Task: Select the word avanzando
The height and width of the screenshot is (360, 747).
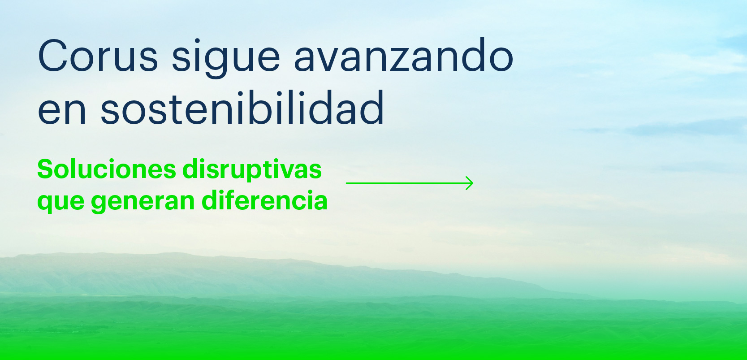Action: [x=403, y=54]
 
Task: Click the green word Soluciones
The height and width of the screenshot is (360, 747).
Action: [x=107, y=169]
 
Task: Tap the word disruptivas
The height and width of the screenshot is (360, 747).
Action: [x=252, y=170]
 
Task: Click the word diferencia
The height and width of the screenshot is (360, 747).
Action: [x=264, y=200]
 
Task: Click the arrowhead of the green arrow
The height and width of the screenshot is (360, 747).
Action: [x=470, y=183]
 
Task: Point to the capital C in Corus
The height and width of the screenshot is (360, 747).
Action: [x=53, y=56]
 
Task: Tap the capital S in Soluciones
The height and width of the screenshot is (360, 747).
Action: [x=45, y=169]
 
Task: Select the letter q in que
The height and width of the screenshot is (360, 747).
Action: [x=45, y=204]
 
